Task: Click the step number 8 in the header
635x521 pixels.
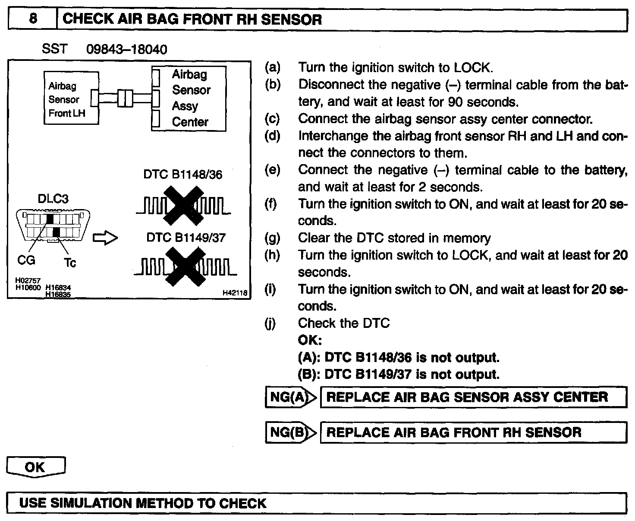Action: coord(33,19)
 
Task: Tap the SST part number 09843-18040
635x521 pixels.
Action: coord(127,49)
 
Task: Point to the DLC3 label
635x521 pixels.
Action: coord(53,199)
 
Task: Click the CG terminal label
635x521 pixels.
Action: coord(26,260)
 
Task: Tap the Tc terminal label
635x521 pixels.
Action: coord(70,262)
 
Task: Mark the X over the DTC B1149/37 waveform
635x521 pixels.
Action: coord(187,266)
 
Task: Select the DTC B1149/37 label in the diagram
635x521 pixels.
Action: coord(186,238)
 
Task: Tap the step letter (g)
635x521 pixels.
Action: coord(272,238)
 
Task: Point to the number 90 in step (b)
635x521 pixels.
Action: coord(456,102)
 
